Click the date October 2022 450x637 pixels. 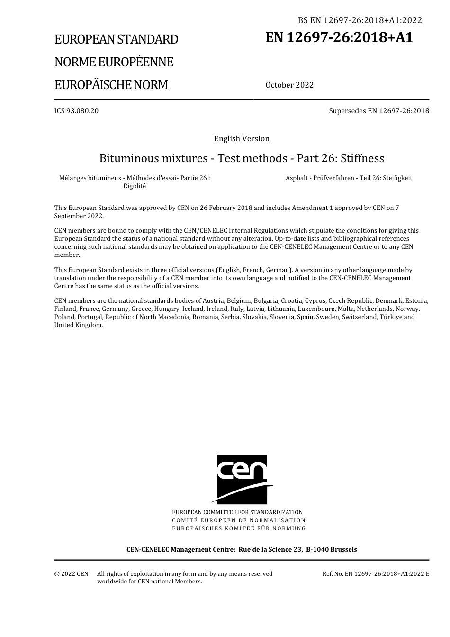coord(289,85)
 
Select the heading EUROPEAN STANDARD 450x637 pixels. coord(117,39)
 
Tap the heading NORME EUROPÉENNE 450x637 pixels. coord(114,62)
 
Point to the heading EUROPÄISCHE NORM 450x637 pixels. coord(111,85)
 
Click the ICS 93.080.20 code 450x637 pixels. coord(76,111)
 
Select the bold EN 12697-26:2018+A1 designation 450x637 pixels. coord(339,37)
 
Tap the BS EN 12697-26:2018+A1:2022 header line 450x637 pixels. coord(360,20)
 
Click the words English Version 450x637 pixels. coord(242,139)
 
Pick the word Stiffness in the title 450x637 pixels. coord(362,158)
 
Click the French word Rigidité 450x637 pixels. coord(135,186)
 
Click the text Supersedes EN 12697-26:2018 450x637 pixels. coord(379,111)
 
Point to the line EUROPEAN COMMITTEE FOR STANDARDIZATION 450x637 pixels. coord(237,512)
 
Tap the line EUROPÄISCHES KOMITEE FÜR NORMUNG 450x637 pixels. coord(239,528)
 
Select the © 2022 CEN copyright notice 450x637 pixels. coord(71,574)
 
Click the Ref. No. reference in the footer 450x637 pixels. coord(376,574)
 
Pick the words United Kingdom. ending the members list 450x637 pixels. coord(79,325)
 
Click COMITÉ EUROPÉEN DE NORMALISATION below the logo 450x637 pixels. coord(238,520)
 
